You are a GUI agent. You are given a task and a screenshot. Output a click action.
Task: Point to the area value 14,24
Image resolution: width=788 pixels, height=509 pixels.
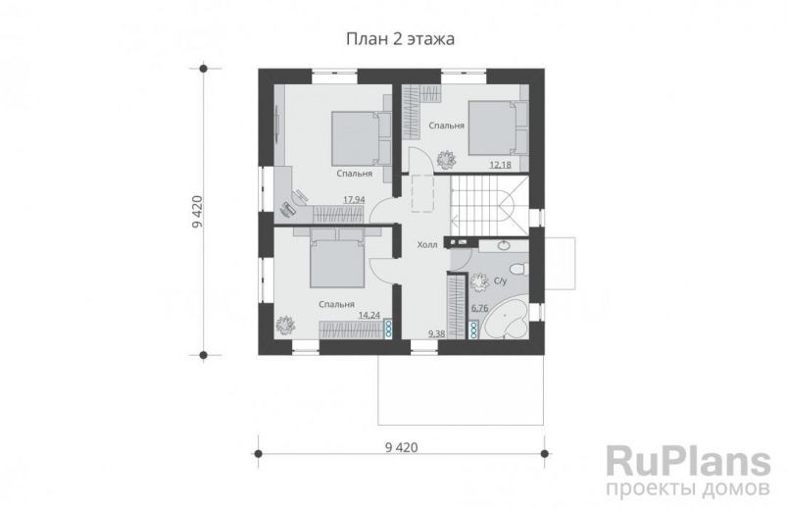(369, 316)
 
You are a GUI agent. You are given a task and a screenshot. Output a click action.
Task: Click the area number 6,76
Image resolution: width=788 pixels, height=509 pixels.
(480, 308)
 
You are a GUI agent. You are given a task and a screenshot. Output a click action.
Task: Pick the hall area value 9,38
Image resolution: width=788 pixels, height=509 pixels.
(437, 333)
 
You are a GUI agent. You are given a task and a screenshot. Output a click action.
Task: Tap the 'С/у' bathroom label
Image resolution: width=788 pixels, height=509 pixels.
(500, 281)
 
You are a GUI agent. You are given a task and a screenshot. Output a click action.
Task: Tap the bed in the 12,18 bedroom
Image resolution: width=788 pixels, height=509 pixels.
(497, 127)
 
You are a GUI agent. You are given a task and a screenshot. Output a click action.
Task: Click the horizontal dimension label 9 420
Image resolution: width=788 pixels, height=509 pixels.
(401, 448)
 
